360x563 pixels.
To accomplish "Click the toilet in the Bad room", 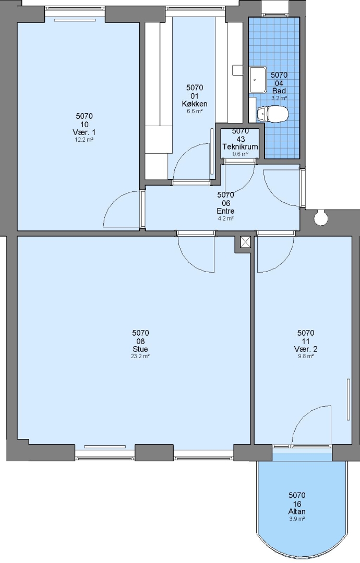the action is point(273,114).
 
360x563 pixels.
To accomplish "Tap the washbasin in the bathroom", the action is point(258,79).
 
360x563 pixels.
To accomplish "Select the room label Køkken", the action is point(195,104).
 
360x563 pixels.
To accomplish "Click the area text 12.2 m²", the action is point(84,140).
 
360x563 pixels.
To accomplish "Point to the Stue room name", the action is point(140,349).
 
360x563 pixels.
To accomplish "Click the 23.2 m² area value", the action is point(140,357).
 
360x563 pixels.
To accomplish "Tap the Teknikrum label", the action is point(241,147).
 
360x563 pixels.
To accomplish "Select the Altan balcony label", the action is point(297,512).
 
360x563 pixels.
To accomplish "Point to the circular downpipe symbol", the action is point(320,218).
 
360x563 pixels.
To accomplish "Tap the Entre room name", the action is point(225,211).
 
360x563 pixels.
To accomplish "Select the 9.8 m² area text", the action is point(305,357).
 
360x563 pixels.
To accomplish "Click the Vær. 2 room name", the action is point(306,349).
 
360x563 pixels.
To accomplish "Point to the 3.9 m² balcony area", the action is point(297,519).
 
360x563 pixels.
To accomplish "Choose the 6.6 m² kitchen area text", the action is point(195,112).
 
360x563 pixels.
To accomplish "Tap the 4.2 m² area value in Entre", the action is point(225,218).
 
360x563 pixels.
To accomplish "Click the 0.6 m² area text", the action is point(241,154).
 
